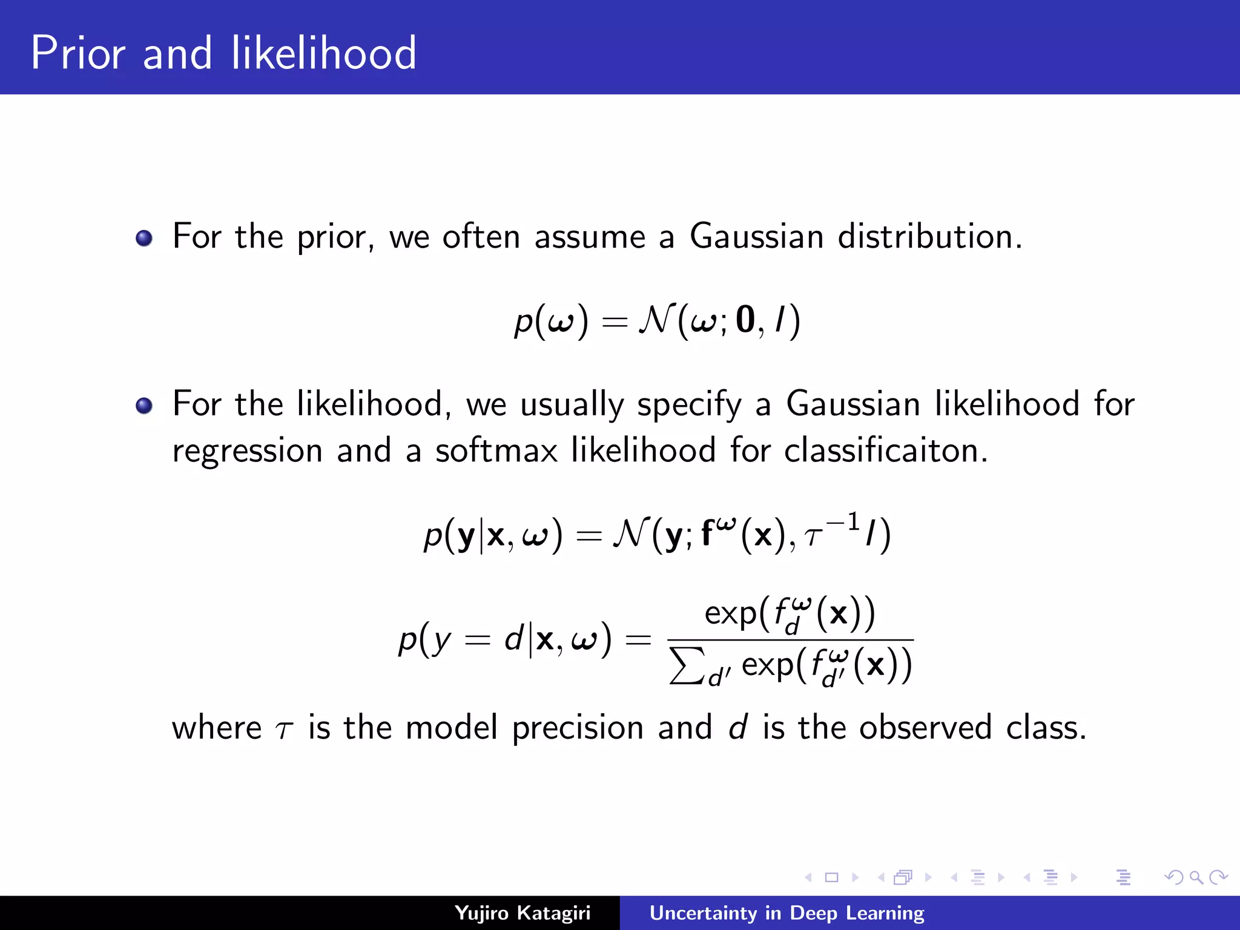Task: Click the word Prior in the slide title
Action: pyautogui.click(x=77, y=53)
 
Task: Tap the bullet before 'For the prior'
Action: pyautogui.click(x=144, y=238)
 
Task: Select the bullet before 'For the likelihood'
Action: pyautogui.click(x=144, y=405)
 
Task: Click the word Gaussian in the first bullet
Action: pyautogui.click(x=756, y=236)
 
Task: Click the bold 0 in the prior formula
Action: pyautogui.click(x=745, y=320)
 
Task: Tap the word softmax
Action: pyautogui.click(x=496, y=451)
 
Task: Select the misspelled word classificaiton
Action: pyautogui.click(x=885, y=451)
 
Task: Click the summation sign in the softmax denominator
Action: pyautogui.click(x=688, y=665)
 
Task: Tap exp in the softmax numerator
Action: pyautogui.click(x=730, y=614)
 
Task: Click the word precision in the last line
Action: pyautogui.click(x=578, y=728)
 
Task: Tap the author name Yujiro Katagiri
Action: pyautogui.click(x=522, y=913)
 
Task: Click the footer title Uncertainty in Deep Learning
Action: pyautogui.click(x=787, y=913)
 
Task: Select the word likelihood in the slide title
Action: pyautogui.click(x=324, y=53)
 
